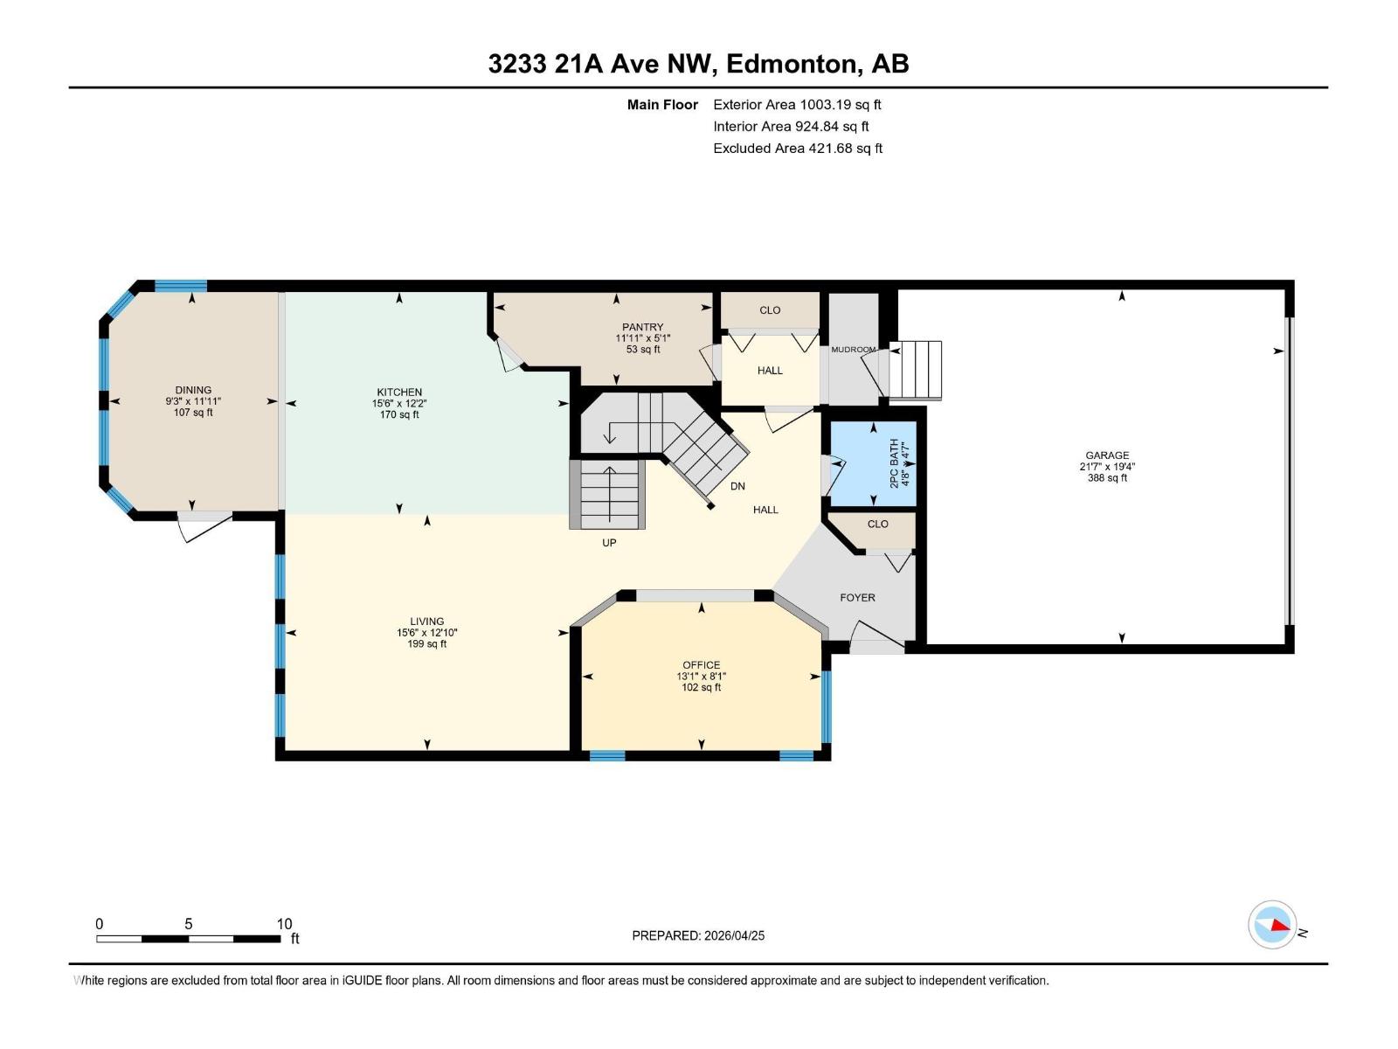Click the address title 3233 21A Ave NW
pyautogui.click(x=698, y=64)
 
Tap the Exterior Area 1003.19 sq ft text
pyautogui.click(x=797, y=104)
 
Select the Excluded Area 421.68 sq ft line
pyautogui.click(x=797, y=148)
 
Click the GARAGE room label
pyautogui.click(x=1107, y=455)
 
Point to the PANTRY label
pyautogui.click(x=642, y=327)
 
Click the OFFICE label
pyautogui.click(x=702, y=664)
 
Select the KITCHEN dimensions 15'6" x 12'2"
pyautogui.click(x=399, y=404)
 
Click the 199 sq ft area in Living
pyautogui.click(x=427, y=644)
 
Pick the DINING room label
pyautogui.click(x=193, y=390)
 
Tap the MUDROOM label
pyautogui.click(x=853, y=350)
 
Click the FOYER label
pyautogui.click(x=857, y=598)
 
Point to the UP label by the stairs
pyautogui.click(x=609, y=543)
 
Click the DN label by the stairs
pyautogui.click(x=737, y=487)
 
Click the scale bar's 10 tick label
pyautogui.click(x=284, y=924)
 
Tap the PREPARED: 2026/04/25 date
pyautogui.click(x=698, y=935)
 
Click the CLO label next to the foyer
pyautogui.click(x=877, y=524)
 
